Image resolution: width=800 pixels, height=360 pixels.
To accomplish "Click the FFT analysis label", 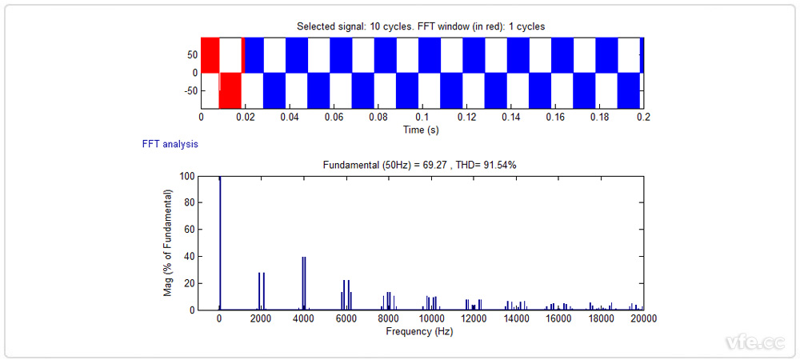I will pyautogui.click(x=170, y=145).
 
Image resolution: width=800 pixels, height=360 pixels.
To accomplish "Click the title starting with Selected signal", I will pyautogui.click(x=421, y=26).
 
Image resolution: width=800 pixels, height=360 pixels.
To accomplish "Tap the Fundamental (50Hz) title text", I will pyautogui.click(x=421, y=165).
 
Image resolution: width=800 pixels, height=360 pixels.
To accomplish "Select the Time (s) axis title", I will pyautogui.click(x=421, y=129).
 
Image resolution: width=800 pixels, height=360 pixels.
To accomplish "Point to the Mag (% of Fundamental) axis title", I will pyautogui.click(x=168, y=243).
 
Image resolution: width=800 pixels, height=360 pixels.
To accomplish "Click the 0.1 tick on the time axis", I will pyautogui.click(x=422, y=117).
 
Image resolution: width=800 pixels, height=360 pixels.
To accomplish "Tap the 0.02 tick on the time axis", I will pyautogui.click(x=245, y=117).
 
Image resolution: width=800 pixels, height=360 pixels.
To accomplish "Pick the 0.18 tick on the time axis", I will pyautogui.click(x=598, y=117).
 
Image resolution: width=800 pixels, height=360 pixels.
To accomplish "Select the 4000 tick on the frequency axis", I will pyautogui.click(x=304, y=318).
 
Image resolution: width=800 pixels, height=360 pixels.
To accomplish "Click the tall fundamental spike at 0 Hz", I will pyautogui.click(x=220, y=240).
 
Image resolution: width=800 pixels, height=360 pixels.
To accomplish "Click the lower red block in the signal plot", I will pyautogui.click(x=230, y=90).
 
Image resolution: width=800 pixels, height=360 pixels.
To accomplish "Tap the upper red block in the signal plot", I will pyautogui.click(x=210, y=54).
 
